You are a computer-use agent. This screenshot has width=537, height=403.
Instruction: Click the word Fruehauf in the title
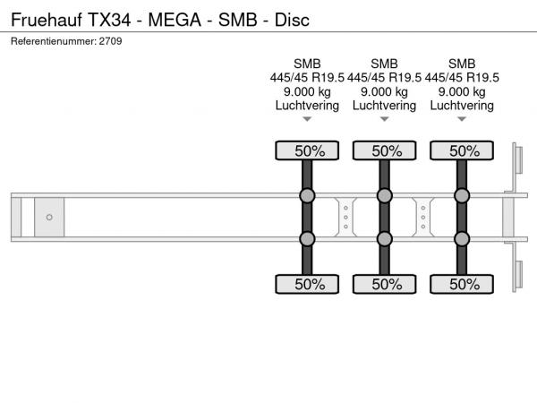pos(47,20)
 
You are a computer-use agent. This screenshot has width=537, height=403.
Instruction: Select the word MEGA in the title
pos(175,20)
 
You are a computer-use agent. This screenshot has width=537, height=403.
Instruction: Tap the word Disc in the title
pos(292,20)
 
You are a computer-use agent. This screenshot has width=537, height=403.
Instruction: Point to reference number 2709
pos(111,41)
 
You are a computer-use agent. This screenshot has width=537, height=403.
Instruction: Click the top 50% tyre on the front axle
pos(307,150)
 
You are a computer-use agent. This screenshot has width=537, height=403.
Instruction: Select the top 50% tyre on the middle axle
pos(385,150)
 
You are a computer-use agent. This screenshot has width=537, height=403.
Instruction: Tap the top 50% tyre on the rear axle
pos(462,150)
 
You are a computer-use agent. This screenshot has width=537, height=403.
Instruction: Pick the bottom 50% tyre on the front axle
pos(307,284)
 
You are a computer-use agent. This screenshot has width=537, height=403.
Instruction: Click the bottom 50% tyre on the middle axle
pos(385,284)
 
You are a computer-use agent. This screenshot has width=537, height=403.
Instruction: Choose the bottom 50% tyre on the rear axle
pos(462,284)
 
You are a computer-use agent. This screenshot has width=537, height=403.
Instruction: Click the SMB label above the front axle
pos(307,64)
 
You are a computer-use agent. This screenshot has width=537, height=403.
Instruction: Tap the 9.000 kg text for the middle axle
pos(385,92)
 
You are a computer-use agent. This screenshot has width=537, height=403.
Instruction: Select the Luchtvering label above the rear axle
pos(462,106)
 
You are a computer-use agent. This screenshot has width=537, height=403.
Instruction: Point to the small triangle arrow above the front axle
pos(307,119)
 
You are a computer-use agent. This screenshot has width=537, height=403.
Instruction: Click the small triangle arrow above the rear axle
pos(462,119)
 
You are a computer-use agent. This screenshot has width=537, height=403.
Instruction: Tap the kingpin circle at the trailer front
pos(49,218)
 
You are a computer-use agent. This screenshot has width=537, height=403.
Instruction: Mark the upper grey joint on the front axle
pos(307,195)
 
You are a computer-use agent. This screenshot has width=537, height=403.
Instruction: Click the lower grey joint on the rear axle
pos(462,239)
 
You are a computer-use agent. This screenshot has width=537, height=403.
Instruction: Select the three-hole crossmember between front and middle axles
pos(345,218)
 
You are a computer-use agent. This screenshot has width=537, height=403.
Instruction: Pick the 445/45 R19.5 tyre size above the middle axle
pos(385,78)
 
